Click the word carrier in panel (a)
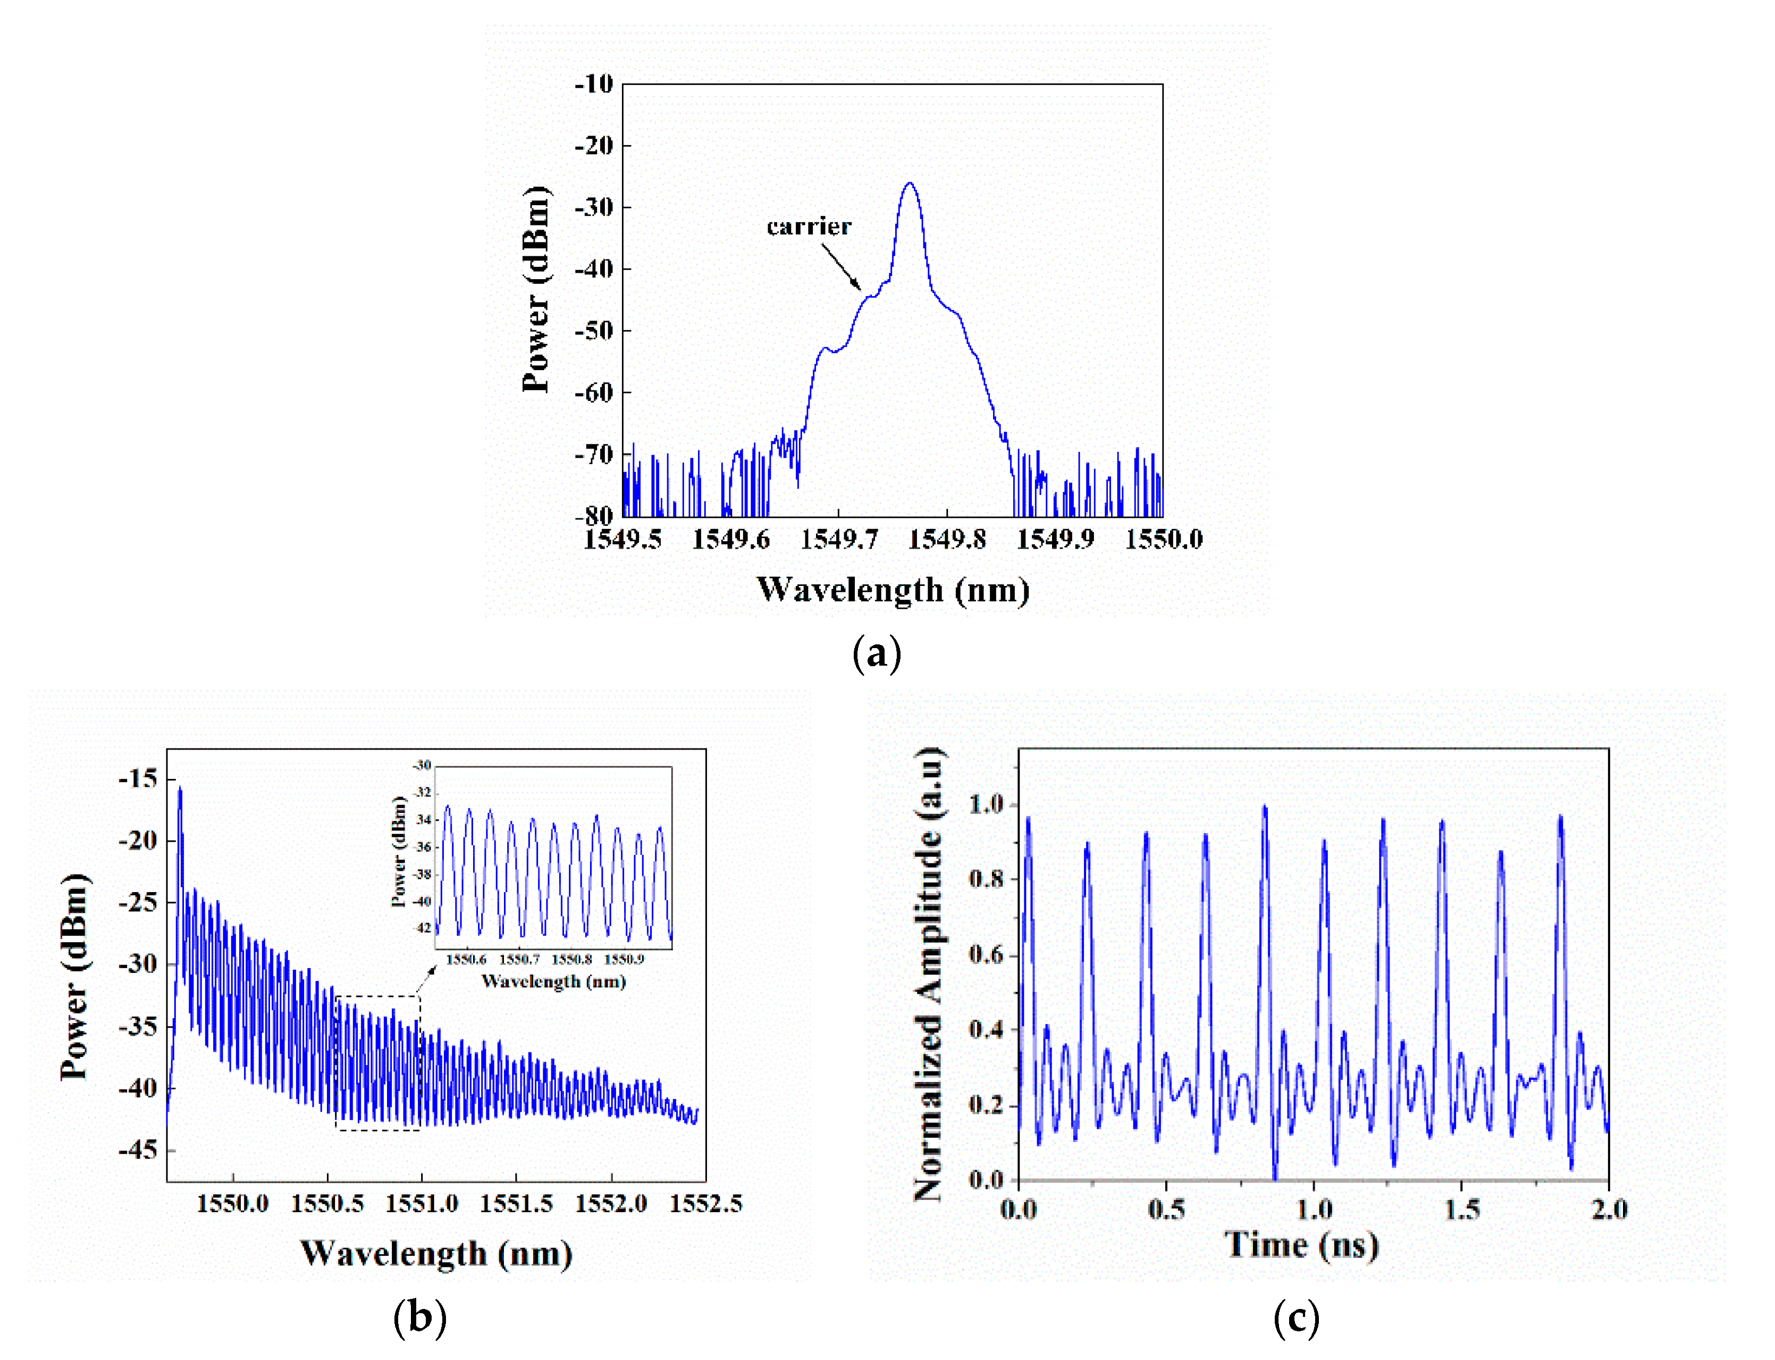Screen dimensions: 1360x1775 click(809, 226)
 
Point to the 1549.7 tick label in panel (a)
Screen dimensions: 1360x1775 click(838, 539)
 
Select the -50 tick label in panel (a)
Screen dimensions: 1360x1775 click(594, 330)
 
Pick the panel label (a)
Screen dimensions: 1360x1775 click(877, 652)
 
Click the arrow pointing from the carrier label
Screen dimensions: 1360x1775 click(842, 266)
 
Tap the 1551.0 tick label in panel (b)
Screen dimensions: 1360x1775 click(422, 1204)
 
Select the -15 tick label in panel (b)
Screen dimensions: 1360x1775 click(138, 779)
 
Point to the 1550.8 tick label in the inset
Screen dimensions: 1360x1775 click(571, 959)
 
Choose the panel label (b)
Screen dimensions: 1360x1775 click(419, 1316)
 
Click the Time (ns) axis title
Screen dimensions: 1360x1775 click(1301, 1244)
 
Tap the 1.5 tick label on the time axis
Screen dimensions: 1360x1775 click(1462, 1210)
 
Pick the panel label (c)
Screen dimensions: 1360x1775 click(1296, 1317)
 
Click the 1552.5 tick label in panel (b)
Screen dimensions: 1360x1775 click(705, 1204)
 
